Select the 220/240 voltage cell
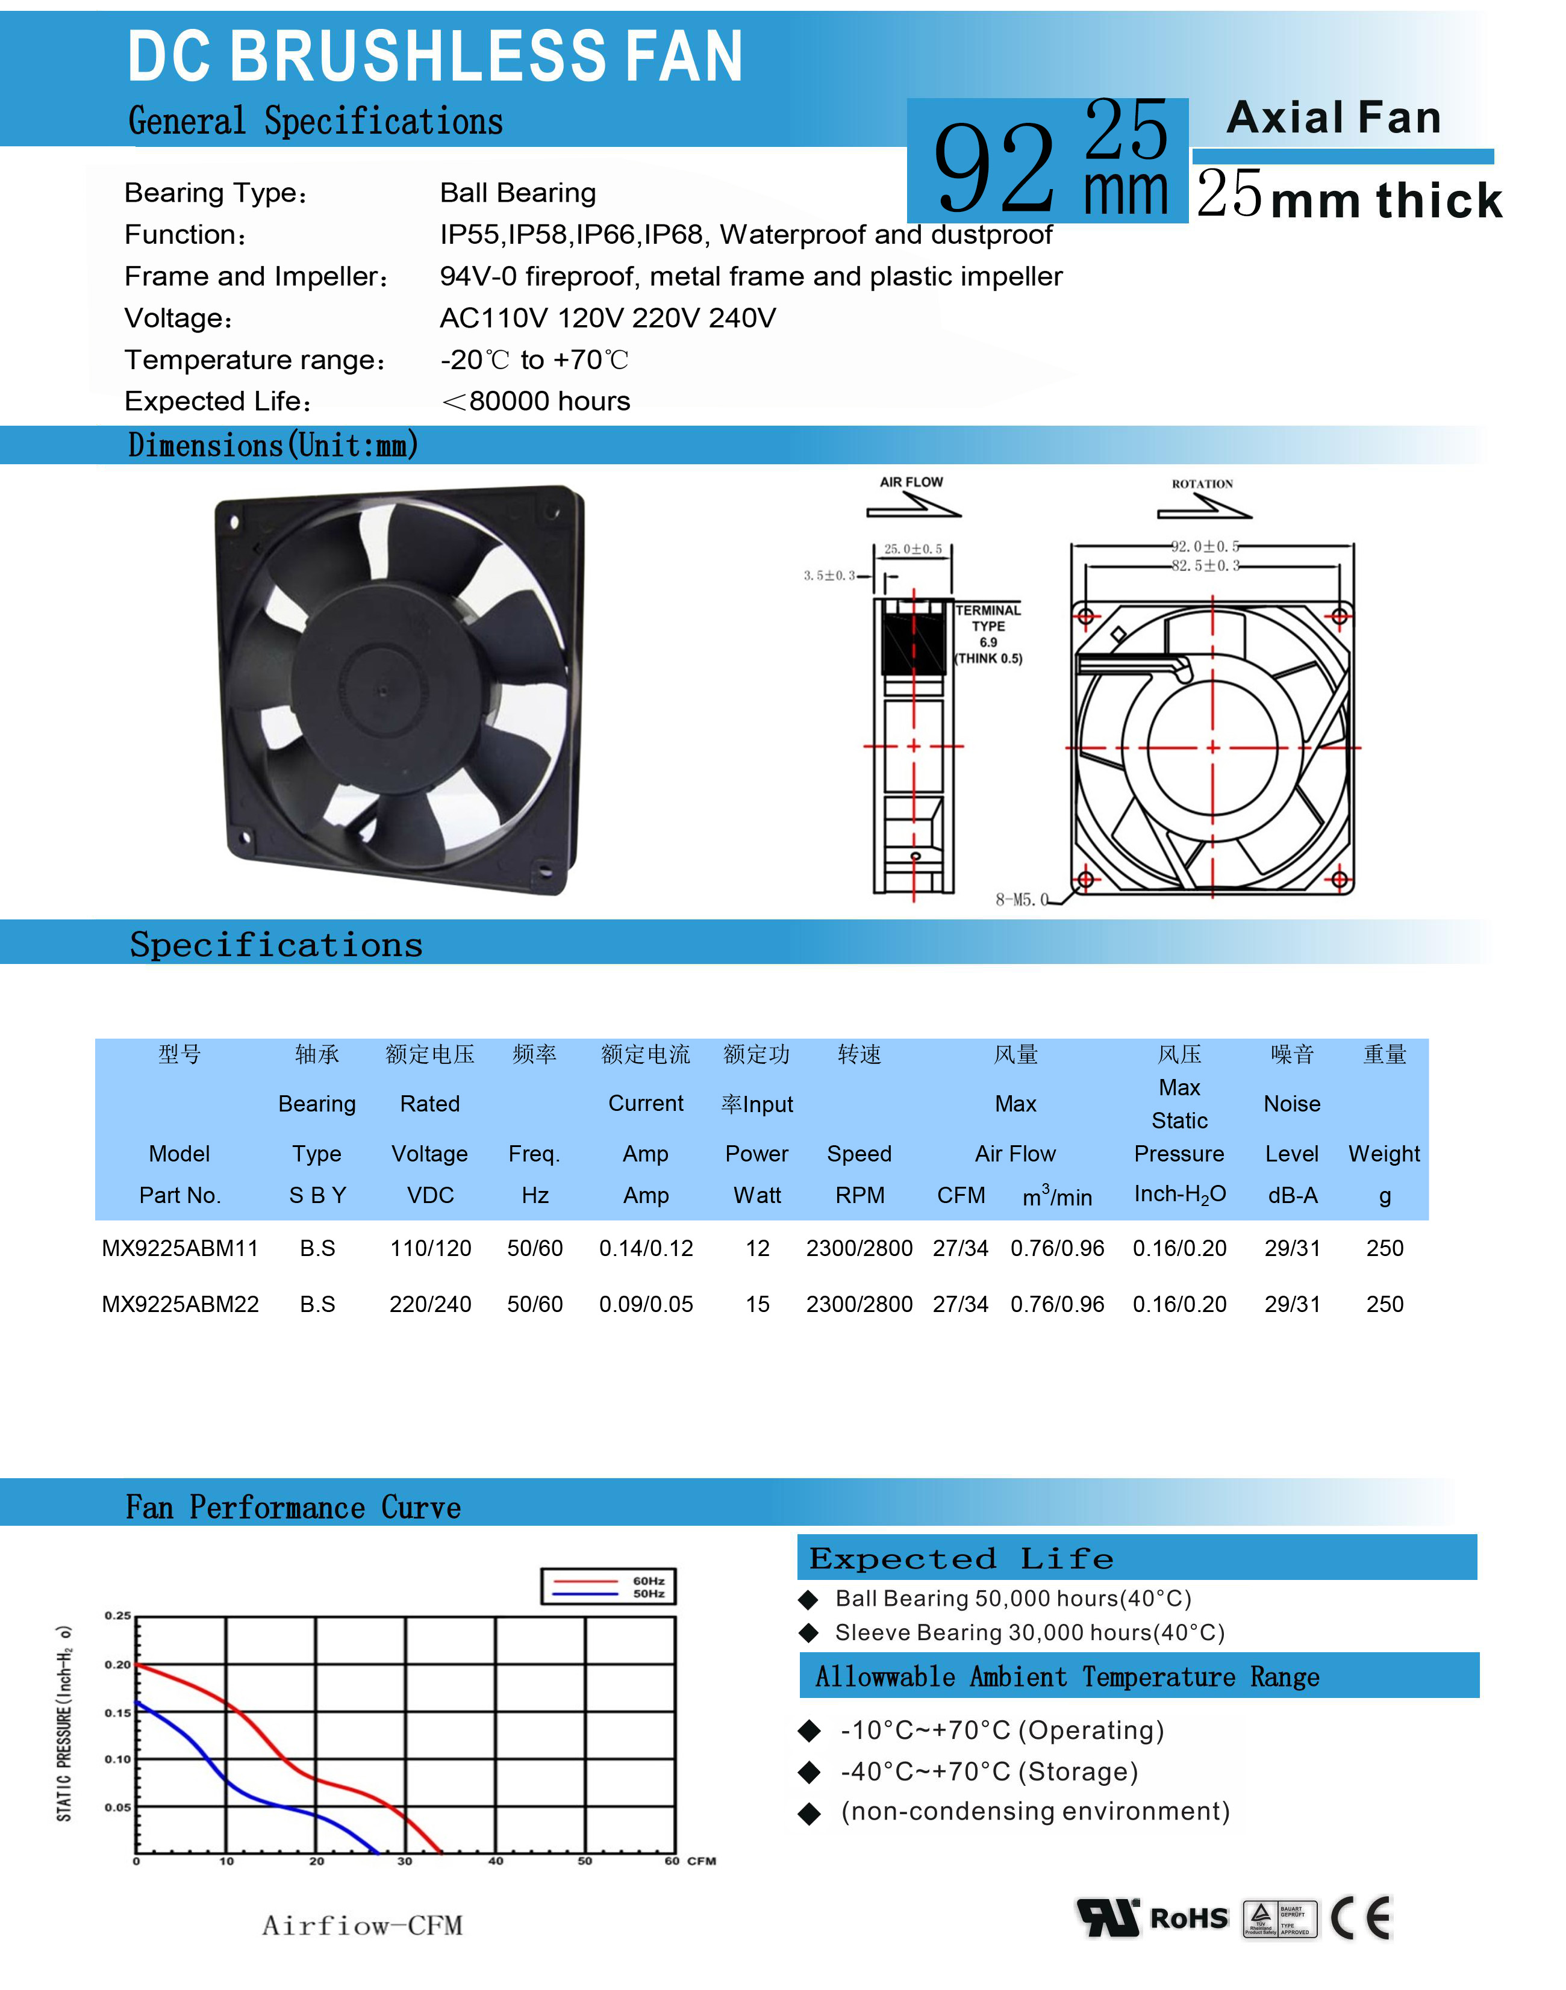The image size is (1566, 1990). pos(430,1304)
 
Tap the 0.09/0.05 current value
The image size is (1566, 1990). pos(646,1304)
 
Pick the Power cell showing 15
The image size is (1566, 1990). pos(757,1304)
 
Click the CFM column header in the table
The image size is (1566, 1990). pos(961,1195)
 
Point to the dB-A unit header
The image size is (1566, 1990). pos(1292,1195)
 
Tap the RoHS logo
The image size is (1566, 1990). pos(1188,1918)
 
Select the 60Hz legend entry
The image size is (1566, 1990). pos(648,1581)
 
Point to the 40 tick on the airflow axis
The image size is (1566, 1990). pos(495,1861)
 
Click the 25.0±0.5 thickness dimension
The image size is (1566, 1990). pos(912,549)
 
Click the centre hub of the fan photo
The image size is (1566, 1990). pos(383,690)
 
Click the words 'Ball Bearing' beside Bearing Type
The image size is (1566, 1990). pos(518,193)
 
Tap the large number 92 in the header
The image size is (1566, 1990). pos(996,168)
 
